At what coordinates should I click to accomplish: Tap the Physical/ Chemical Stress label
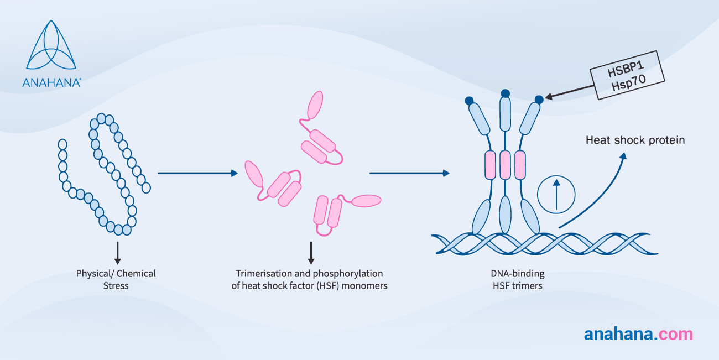click(x=116, y=279)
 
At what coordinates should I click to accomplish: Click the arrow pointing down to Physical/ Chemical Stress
click(x=117, y=252)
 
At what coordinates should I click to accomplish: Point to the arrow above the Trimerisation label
click(x=311, y=252)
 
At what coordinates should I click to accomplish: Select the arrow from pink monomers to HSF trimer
click(x=409, y=173)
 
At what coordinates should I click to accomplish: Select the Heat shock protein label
click(x=635, y=140)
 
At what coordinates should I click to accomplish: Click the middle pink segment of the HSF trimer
click(x=504, y=165)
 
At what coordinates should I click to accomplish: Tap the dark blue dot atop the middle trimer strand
click(x=504, y=93)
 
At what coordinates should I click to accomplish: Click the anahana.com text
click(x=638, y=334)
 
